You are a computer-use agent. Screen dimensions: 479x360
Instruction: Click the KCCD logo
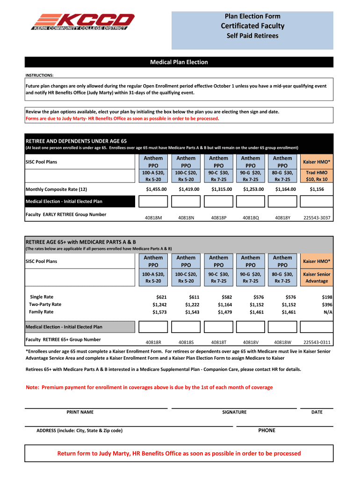click(x=83, y=22)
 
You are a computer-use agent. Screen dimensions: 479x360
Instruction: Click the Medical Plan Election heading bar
click(x=179, y=62)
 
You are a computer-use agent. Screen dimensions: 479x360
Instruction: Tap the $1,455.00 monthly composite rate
click(x=153, y=189)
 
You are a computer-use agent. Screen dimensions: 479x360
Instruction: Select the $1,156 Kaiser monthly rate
click(x=317, y=189)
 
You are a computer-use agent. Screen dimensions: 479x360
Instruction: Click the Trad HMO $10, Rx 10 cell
click(x=317, y=176)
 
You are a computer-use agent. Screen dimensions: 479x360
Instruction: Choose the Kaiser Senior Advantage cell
click(x=317, y=277)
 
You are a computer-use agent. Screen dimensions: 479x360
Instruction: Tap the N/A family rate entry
click(x=328, y=312)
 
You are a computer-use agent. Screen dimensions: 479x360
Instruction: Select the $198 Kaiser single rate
click(x=327, y=297)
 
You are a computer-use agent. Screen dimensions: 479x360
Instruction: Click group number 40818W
click(x=282, y=342)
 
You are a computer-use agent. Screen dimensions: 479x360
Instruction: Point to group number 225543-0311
click(x=317, y=342)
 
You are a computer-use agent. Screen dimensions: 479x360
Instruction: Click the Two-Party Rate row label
click(x=45, y=305)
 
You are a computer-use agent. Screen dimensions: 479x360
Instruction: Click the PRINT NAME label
click(x=80, y=412)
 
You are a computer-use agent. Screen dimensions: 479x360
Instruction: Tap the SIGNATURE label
click(x=234, y=412)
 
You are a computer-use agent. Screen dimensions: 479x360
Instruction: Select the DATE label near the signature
click(x=317, y=412)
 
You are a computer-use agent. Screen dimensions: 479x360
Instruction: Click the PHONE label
click(x=266, y=430)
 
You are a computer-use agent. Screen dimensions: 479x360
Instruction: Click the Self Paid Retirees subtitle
click(x=252, y=36)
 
